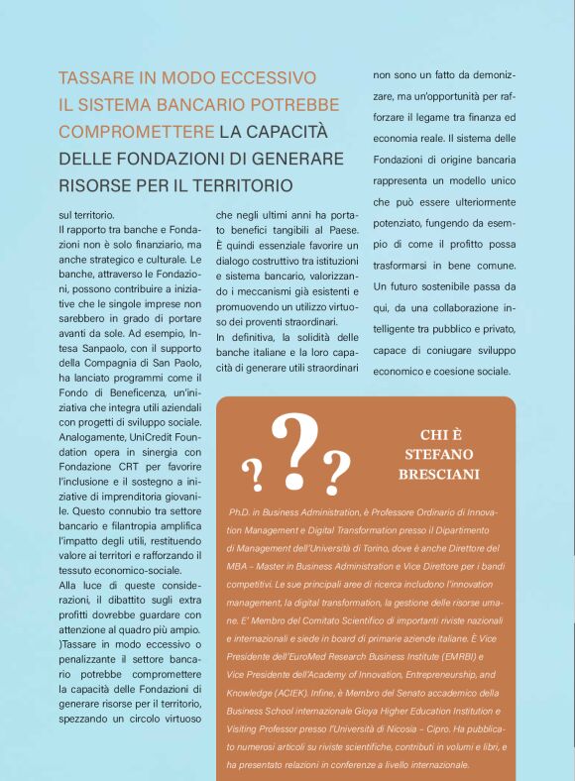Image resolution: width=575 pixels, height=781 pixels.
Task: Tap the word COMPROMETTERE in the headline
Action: pyautogui.click(x=136, y=131)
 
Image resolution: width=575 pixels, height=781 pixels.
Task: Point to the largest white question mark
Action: pyautogui.click(x=294, y=443)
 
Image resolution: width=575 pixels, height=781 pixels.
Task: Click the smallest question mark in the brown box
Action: pyautogui.click(x=256, y=476)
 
